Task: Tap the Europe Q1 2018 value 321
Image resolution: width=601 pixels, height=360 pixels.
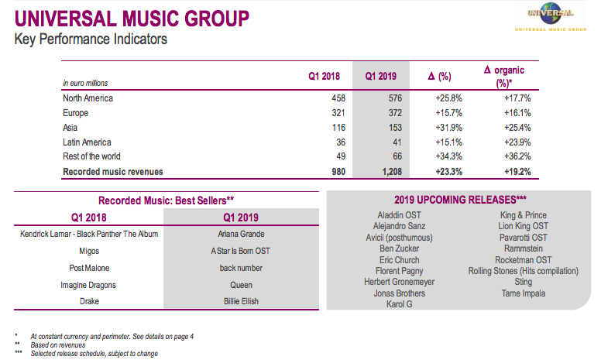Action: (332, 113)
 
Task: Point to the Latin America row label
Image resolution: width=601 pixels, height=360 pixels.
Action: (87, 142)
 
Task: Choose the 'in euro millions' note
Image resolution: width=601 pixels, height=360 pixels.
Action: (85, 83)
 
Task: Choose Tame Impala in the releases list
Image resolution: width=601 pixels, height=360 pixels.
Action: (524, 293)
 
